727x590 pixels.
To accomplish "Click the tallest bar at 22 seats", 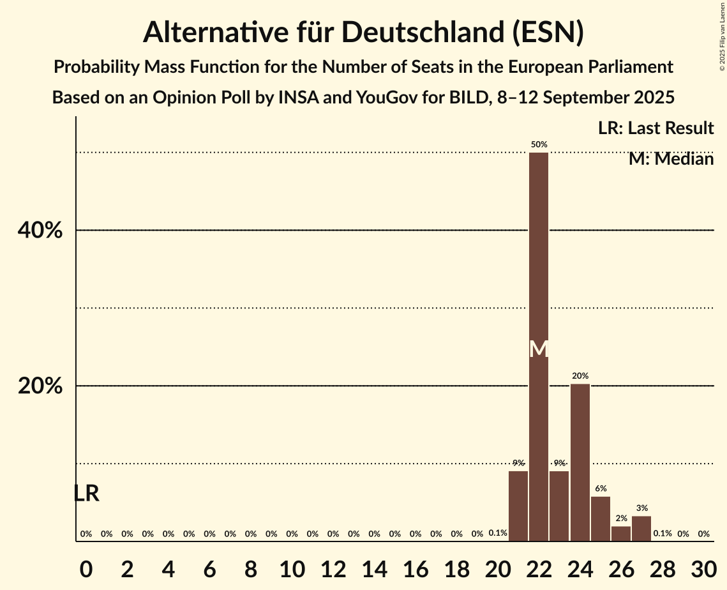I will point(539,255).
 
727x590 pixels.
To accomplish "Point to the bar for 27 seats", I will point(641,529).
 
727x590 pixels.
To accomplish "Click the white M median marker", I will point(539,349).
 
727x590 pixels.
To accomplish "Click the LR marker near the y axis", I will point(86,493).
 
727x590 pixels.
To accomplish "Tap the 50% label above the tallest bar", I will point(539,145).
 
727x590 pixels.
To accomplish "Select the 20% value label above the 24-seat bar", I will point(580,376).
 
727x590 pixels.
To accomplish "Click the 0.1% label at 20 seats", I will point(498,533).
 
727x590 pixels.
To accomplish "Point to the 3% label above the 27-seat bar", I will point(641,508).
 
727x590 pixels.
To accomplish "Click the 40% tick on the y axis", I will point(40,231).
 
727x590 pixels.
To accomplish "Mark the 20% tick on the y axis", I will point(40,386).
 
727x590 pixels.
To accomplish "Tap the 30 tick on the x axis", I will point(703,566).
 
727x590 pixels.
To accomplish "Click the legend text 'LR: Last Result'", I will point(656,128).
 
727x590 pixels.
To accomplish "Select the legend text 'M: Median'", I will point(671,159).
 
